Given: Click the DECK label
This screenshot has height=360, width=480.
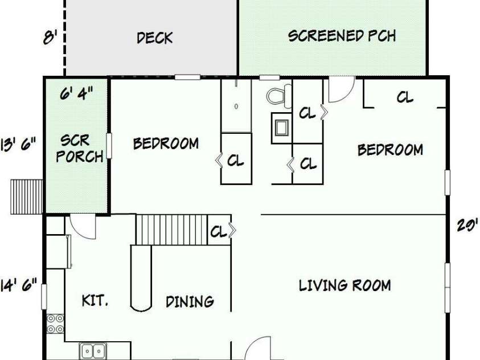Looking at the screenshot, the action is click(x=155, y=38).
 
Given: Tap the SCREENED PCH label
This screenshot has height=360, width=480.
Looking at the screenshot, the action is click(x=342, y=36).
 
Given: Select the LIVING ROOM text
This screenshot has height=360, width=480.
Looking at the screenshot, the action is click(x=344, y=285).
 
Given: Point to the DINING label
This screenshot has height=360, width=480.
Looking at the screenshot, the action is click(x=190, y=301).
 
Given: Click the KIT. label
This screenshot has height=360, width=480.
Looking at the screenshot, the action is click(x=95, y=300).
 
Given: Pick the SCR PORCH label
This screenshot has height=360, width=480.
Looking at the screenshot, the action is click(x=80, y=149).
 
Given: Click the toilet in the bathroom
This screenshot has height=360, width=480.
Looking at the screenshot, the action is click(x=279, y=96).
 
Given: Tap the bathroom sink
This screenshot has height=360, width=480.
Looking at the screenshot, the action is click(x=282, y=128).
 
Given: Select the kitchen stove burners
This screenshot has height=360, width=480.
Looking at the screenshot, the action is click(x=55, y=324).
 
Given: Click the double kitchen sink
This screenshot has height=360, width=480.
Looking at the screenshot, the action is click(x=93, y=351).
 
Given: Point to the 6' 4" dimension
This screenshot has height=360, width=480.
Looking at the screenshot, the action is click(x=76, y=93).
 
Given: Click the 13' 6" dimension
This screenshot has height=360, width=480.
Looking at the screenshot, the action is click(x=18, y=145).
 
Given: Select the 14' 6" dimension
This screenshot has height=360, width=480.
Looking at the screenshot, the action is click(x=18, y=285).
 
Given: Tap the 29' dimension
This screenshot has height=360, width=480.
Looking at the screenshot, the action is click(x=467, y=226).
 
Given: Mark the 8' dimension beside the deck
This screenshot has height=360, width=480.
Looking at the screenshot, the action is click(x=50, y=38).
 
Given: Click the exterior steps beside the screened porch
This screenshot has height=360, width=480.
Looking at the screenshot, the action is click(x=27, y=197).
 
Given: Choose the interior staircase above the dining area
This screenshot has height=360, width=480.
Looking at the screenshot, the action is click(x=172, y=230).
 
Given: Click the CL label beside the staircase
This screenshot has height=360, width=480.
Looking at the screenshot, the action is click(x=218, y=232).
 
